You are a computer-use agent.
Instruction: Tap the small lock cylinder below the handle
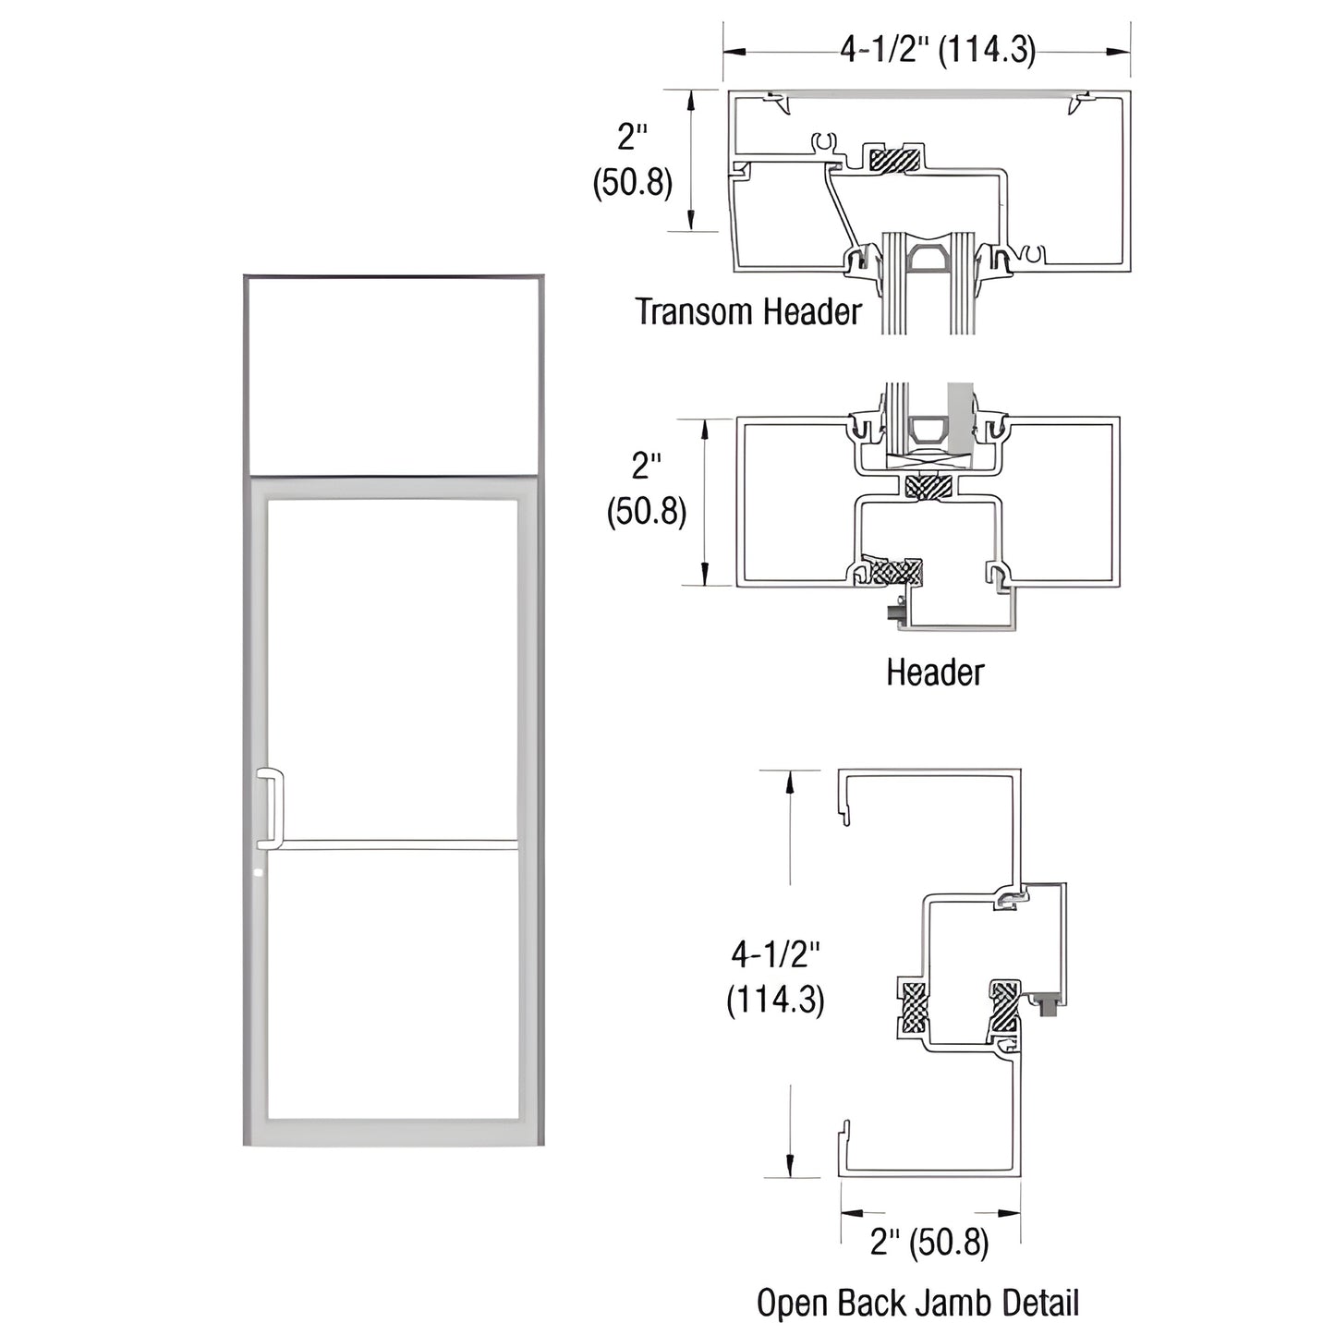(259, 873)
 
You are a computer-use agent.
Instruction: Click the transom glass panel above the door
(393, 376)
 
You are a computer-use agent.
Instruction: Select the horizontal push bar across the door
(400, 844)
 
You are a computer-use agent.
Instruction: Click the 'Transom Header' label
(748, 311)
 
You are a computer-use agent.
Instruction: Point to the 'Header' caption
(935, 673)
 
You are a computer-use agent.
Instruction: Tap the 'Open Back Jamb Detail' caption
(917, 1304)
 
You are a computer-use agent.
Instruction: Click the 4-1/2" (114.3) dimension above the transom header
(938, 50)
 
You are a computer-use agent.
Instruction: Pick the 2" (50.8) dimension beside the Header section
(647, 490)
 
